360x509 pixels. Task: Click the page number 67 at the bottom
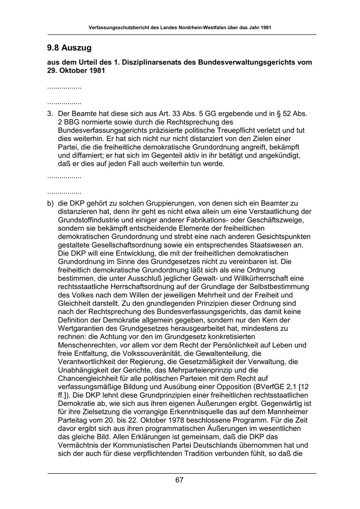click(x=179, y=480)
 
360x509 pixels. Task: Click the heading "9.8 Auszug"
click(x=69, y=48)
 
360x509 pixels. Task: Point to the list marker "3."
click(x=50, y=114)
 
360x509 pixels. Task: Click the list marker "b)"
click(x=50, y=204)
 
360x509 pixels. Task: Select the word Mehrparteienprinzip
click(x=203, y=370)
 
